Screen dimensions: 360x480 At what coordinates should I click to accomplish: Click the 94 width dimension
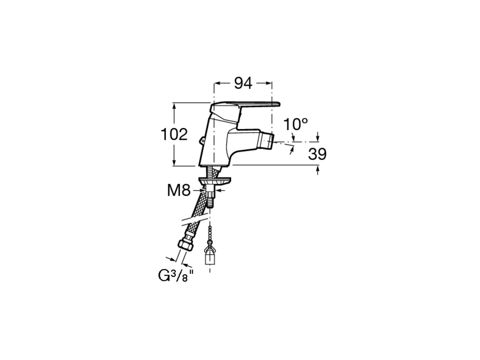click(x=243, y=83)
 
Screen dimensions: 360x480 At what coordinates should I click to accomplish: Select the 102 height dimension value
click(x=174, y=135)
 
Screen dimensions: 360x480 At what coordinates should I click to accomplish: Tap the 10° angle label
click(x=296, y=125)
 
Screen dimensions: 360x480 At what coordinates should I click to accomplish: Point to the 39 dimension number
click(x=317, y=154)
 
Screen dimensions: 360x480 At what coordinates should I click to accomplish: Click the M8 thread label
click(x=179, y=190)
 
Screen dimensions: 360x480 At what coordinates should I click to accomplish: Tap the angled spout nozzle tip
click(x=270, y=140)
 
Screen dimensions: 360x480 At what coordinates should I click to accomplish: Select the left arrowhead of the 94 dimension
click(x=217, y=83)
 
